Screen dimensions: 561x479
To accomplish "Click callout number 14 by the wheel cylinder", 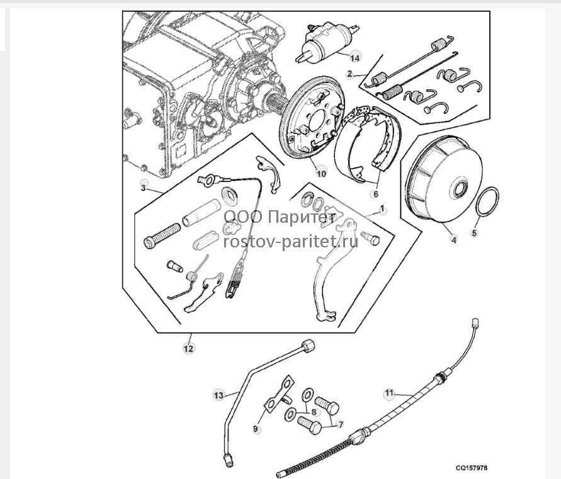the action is tap(354, 58).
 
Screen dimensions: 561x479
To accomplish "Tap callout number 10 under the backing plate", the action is tap(321, 174).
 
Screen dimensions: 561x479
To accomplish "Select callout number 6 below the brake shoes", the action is tap(376, 194).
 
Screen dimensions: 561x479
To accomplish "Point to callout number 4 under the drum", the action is tap(454, 240).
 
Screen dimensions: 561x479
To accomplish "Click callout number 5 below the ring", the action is tap(474, 234).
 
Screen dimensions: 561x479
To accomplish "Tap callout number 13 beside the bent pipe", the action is tap(218, 395).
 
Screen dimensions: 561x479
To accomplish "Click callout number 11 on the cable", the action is tap(389, 393).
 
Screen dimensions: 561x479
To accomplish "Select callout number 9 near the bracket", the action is tap(256, 428).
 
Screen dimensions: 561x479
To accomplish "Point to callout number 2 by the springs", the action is tap(349, 74).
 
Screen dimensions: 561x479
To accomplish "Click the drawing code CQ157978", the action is tap(471, 468).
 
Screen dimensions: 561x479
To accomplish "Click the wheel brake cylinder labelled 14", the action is tap(326, 43).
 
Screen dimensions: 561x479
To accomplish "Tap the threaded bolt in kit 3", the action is tap(162, 234).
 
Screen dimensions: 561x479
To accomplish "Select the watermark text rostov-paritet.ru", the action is tap(290, 242).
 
